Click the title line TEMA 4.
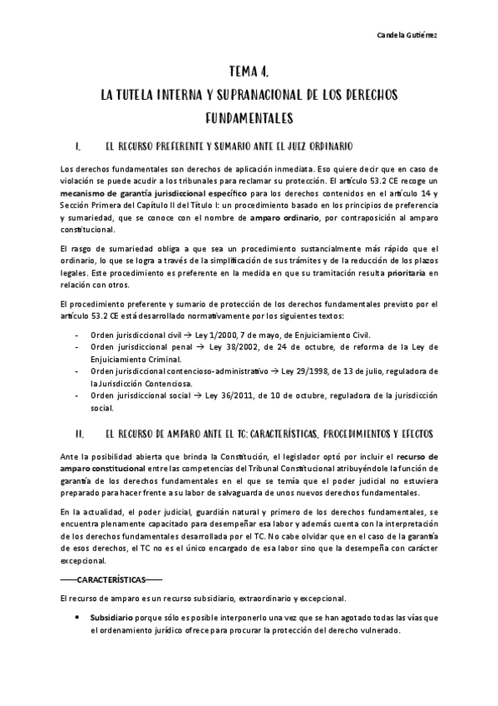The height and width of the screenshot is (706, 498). point(249,73)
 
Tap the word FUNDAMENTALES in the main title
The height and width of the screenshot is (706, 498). point(249,117)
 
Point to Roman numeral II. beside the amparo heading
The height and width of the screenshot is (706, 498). point(79,435)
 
